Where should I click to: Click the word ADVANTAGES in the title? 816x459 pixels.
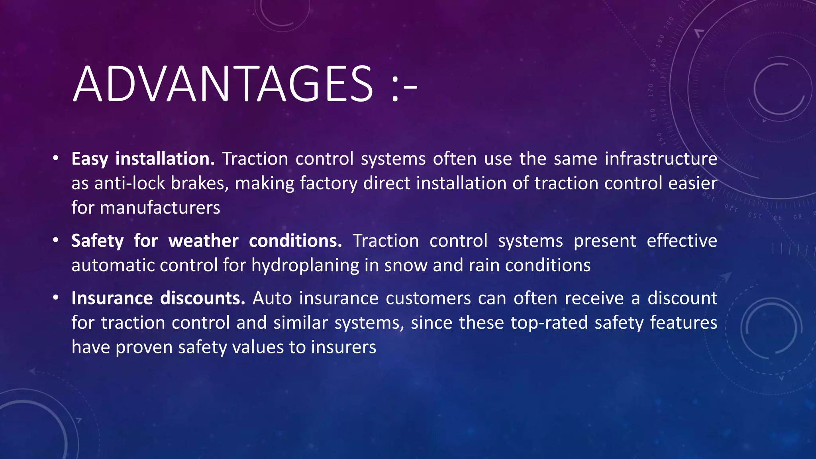point(223,84)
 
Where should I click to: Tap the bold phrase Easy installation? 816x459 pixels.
point(143,159)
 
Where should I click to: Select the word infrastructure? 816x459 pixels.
point(661,159)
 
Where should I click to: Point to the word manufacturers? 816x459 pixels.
point(160,208)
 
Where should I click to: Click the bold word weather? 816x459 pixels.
point(203,241)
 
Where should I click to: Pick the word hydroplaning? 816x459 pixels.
point(305,266)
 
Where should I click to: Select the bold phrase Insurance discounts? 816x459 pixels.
point(158,298)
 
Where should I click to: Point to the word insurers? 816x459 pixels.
point(343,347)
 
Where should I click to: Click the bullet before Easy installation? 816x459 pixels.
point(56,159)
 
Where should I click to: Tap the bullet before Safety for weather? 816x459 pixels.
point(56,241)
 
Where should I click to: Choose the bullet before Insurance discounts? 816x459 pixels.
point(56,298)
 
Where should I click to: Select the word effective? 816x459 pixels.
point(682,241)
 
